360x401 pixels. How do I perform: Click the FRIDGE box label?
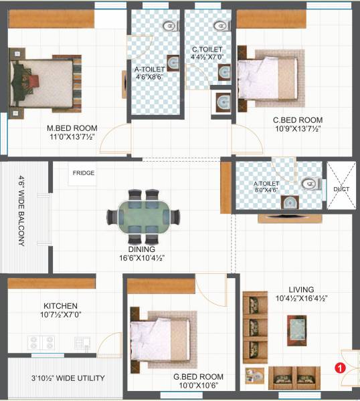[x=84, y=174]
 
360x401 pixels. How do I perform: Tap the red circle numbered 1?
[x=339, y=367]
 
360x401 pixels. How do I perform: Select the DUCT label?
[x=341, y=189]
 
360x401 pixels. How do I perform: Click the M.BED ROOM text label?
[x=72, y=128]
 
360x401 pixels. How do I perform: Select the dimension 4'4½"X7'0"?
[x=207, y=57]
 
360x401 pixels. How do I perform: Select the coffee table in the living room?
[x=297, y=327]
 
